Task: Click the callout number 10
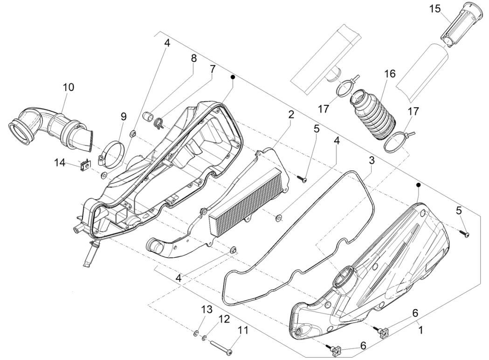click(69, 87)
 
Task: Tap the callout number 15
click(435, 9)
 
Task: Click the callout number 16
click(390, 74)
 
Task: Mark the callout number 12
click(225, 319)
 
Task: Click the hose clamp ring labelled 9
click(113, 152)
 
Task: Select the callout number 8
click(193, 58)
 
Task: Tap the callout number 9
click(124, 116)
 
